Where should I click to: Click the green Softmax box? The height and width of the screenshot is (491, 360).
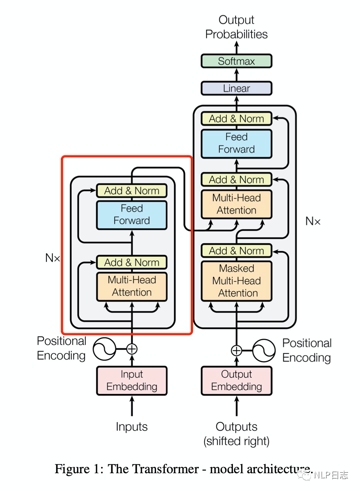pos(236,61)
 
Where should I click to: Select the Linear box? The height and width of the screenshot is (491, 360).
pos(236,88)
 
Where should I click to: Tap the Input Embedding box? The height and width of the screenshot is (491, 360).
pos(132,380)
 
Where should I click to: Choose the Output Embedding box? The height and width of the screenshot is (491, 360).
pos(236,380)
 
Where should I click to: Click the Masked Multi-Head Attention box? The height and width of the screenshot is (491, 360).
pos(236,281)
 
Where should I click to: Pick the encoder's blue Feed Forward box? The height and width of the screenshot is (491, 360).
pos(132,215)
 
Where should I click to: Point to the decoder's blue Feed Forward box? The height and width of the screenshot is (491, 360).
pos(236,143)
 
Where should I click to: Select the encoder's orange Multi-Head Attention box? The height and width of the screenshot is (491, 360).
pos(132,286)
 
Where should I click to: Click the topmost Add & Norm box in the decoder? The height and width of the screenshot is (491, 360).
pos(236,119)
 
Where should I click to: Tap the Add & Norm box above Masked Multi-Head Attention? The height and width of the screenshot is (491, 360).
pos(236,251)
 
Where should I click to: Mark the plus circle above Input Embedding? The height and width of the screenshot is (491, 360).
pos(132,349)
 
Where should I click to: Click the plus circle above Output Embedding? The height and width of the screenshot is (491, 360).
pos(236,351)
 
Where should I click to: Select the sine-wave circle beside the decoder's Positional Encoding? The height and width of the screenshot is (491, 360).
pos(264,351)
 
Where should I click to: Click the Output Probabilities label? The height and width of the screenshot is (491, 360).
pos(236,27)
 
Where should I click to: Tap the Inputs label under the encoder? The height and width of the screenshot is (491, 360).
pos(132,427)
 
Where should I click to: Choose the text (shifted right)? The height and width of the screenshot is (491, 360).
pos(236,441)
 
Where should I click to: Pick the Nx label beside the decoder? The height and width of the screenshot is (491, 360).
pos(313,221)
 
